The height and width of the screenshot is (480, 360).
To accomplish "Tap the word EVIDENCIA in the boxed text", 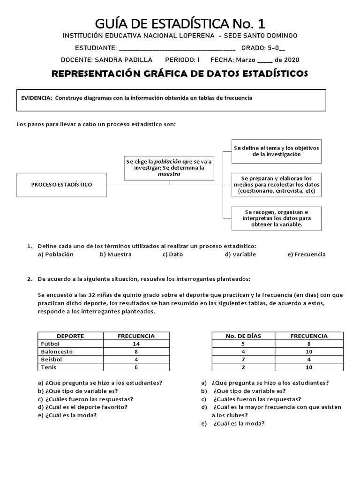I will click(x=37, y=98).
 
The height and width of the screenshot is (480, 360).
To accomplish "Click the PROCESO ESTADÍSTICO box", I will click(x=62, y=184).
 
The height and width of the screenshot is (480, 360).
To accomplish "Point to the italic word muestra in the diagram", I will click(x=169, y=173).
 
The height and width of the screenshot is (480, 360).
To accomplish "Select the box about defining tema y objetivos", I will click(x=276, y=151).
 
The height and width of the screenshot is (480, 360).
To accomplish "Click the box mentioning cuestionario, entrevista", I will click(x=276, y=185).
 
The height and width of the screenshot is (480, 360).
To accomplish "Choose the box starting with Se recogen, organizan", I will click(x=276, y=218).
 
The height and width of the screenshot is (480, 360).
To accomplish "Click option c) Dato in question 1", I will click(x=172, y=255).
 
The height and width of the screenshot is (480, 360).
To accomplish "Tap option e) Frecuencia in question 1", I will click(x=307, y=255).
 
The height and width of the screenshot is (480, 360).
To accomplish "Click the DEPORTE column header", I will click(x=70, y=336).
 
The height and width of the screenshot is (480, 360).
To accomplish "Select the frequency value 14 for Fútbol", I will click(x=136, y=344).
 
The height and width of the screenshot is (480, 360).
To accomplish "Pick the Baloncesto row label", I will click(x=57, y=351).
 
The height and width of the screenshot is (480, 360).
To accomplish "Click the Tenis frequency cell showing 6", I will click(x=136, y=367).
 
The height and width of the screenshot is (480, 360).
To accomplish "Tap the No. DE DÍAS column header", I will click(x=243, y=336).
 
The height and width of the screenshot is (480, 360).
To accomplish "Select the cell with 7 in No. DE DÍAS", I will click(x=243, y=359).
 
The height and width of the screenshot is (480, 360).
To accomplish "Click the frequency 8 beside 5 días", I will click(x=309, y=344).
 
